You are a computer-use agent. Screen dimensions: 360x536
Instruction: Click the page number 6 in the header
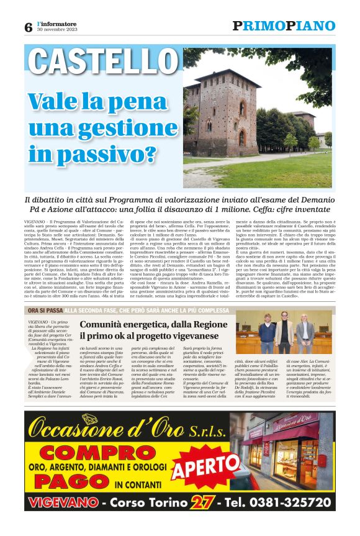tap(28, 27)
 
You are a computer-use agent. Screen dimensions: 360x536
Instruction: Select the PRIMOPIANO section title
tap(284, 26)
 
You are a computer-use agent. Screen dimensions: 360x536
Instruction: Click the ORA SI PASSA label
tap(45, 310)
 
